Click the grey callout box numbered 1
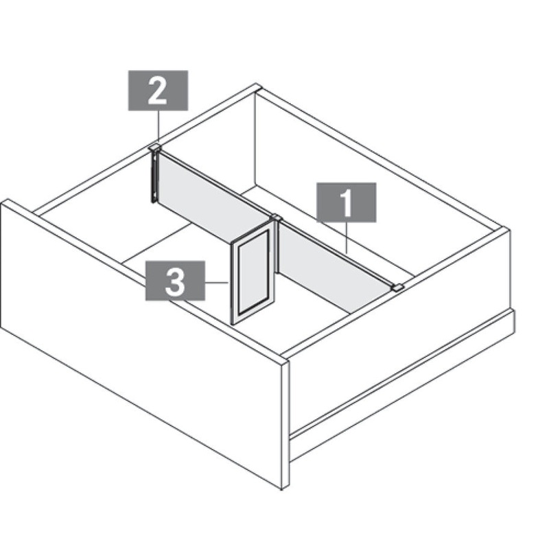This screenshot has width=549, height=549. [347, 202]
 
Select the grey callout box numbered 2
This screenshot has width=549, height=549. [158, 91]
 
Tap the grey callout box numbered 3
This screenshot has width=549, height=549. [175, 281]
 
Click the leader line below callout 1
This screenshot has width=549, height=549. [347, 237]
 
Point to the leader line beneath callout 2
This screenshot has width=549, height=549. [159, 126]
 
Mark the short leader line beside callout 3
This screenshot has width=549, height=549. [217, 282]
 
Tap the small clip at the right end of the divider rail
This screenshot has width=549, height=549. [397, 288]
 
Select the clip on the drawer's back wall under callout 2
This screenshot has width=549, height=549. [154, 147]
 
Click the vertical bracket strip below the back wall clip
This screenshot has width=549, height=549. [154, 176]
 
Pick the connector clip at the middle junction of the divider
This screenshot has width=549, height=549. [277, 218]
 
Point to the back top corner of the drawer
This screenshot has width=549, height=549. [257, 86]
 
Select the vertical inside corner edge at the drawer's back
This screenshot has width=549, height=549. [255, 139]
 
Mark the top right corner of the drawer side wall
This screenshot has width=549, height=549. [508, 229]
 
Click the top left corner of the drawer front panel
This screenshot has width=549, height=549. [5, 201]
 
